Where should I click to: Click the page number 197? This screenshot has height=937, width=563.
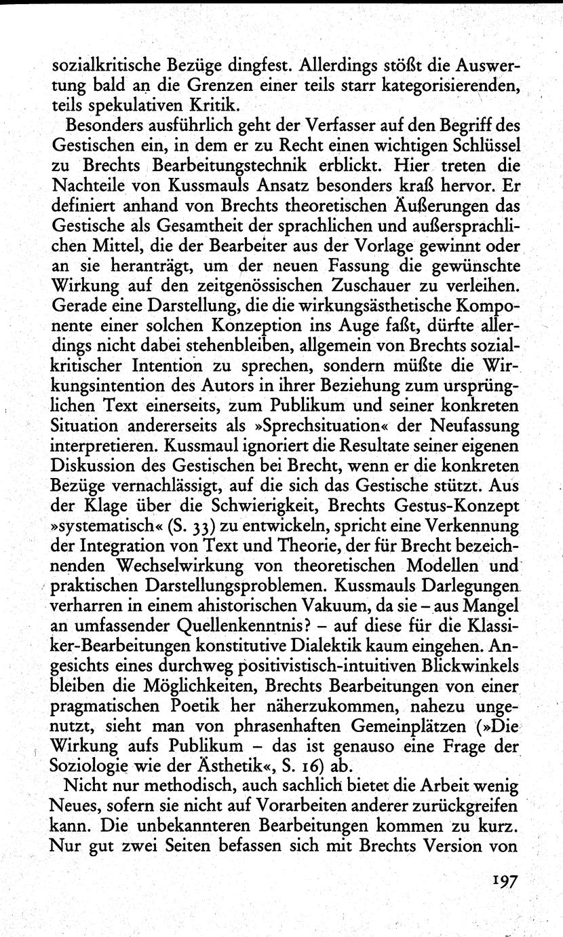pos(501,881)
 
